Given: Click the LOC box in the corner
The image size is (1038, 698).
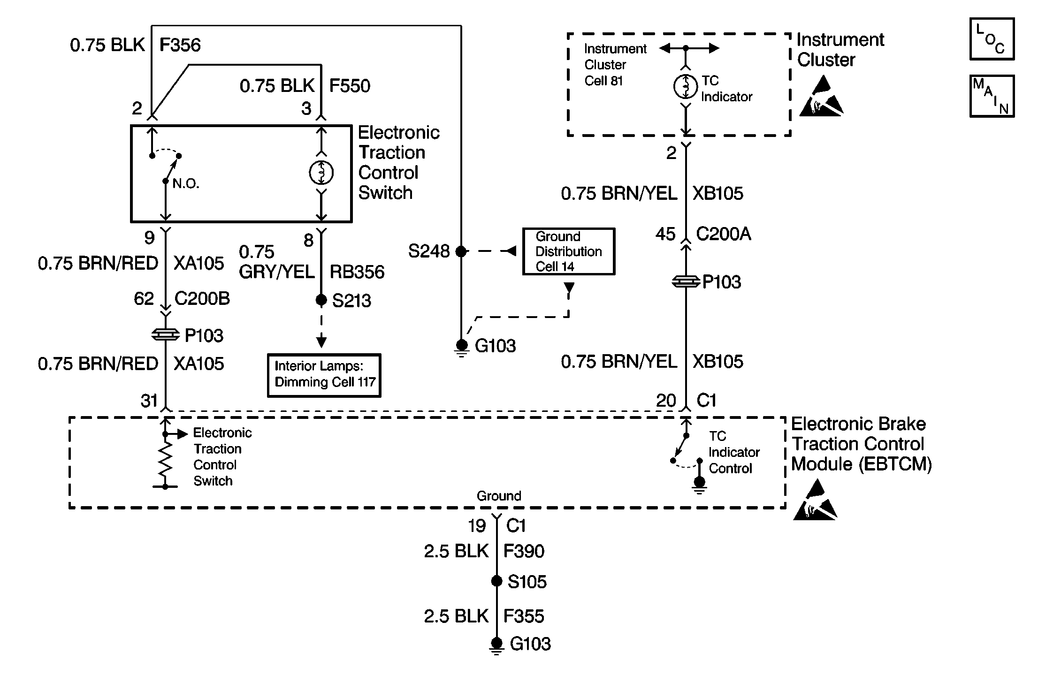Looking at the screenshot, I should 992,39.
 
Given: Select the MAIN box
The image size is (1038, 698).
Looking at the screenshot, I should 992,96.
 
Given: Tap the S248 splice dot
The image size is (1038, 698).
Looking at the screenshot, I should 461,251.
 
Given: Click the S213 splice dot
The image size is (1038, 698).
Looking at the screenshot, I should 321,300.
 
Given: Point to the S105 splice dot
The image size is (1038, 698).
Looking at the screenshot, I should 496,581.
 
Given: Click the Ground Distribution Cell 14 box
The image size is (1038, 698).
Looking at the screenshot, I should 568,251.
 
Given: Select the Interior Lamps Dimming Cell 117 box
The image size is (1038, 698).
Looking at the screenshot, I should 324,375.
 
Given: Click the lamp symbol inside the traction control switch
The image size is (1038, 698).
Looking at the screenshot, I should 321,173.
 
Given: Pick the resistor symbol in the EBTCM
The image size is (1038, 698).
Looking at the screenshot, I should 165,460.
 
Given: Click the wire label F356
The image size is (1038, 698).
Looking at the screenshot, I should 180,45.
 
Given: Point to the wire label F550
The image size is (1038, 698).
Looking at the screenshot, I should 350,86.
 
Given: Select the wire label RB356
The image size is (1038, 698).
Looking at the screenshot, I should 357,272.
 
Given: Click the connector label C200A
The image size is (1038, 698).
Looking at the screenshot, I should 723,234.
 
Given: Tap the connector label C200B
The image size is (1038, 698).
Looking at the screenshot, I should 202,298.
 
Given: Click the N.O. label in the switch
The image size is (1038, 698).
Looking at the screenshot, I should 186,184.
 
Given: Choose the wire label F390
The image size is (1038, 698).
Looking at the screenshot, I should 524,551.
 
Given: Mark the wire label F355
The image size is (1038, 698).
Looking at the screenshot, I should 524,616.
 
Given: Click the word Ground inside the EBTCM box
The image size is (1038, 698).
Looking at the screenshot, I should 499,496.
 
